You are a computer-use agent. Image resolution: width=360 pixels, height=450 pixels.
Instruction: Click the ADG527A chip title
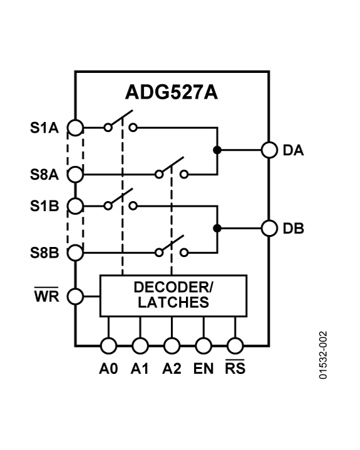click(x=172, y=92)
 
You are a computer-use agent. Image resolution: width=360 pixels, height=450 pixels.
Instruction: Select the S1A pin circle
click(x=75, y=128)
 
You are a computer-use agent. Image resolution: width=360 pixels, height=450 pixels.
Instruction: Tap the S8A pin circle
click(x=75, y=174)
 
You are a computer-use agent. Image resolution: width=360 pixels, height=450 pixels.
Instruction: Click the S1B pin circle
click(x=75, y=206)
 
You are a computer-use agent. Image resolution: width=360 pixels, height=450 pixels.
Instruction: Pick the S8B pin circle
click(x=75, y=253)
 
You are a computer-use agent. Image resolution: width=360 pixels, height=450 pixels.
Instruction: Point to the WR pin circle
click(x=75, y=296)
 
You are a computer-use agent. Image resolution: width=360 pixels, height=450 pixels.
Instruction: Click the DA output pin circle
click(x=270, y=151)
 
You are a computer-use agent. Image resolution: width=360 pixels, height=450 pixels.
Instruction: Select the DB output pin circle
click(x=270, y=228)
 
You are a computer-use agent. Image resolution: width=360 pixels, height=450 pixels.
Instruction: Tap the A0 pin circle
click(x=108, y=345)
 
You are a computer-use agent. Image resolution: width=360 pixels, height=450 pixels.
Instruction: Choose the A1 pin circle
click(x=139, y=345)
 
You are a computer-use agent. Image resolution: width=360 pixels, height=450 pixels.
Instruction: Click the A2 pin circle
click(x=172, y=345)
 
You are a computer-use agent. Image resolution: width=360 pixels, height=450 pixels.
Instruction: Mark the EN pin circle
click(x=203, y=345)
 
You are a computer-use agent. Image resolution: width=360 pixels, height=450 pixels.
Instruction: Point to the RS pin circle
click(x=235, y=345)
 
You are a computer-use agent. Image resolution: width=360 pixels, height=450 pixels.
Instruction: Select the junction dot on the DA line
click(x=216, y=151)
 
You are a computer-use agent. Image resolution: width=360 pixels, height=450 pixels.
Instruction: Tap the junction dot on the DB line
click(x=216, y=228)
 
